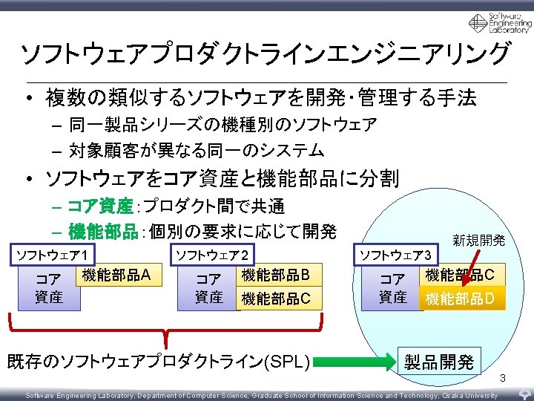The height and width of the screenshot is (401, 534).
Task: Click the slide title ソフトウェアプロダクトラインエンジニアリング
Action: (265, 53)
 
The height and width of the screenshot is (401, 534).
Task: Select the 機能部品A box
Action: (117, 276)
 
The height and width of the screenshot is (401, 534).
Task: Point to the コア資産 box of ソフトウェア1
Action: (49, 289)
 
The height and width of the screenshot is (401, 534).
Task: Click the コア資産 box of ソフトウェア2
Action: (209, 289)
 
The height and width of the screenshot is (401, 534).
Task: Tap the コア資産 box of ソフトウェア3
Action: (393, 289)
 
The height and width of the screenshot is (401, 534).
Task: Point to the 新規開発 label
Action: (478, 240)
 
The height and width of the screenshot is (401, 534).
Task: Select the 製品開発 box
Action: (439, 362)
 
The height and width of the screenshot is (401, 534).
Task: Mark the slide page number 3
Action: (502, 379)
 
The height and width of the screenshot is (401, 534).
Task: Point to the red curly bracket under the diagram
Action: (166, 330)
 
